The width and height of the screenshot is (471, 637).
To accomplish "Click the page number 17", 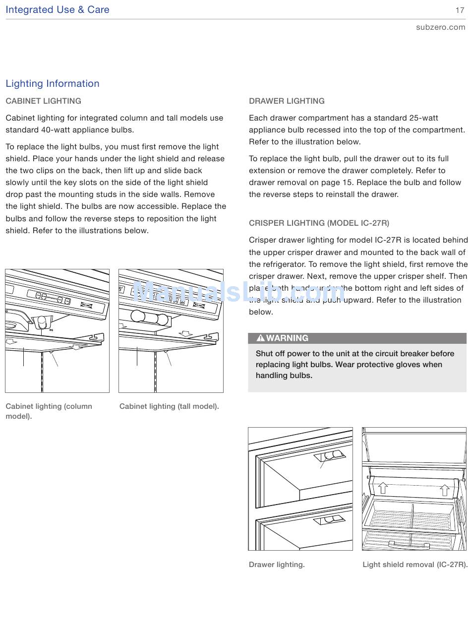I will click(x=460, y=10).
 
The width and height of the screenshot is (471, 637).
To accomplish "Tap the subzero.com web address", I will click(x=440, y=27).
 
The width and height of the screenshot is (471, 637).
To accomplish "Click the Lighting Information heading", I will click(x=53, y=84).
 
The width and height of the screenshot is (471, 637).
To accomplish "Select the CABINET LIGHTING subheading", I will click(x=44, y=101).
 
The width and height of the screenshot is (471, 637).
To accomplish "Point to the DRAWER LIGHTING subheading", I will click(x=287, y=101).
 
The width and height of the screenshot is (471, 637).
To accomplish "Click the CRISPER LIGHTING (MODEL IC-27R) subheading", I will click(x=319, y=223).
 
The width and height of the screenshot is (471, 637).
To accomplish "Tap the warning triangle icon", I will click(x=260, y=338).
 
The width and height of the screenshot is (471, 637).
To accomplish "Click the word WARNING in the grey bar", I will click(x=287, y=338).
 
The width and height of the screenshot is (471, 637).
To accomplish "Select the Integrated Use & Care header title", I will click(x=58, y=10).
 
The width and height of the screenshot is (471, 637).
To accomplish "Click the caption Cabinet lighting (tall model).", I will click(x=169, y=406).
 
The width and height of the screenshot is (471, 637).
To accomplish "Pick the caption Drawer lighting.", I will click(x=277, y=565).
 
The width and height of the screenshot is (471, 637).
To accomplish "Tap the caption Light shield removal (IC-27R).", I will click(x=415, y=565).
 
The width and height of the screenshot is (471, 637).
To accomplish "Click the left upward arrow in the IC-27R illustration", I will click(x=383, y=488).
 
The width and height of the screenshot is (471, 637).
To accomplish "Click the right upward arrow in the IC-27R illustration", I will click(x=445, y=490).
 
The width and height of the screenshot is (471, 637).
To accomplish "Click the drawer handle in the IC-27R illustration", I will click(x=409, y=545).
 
